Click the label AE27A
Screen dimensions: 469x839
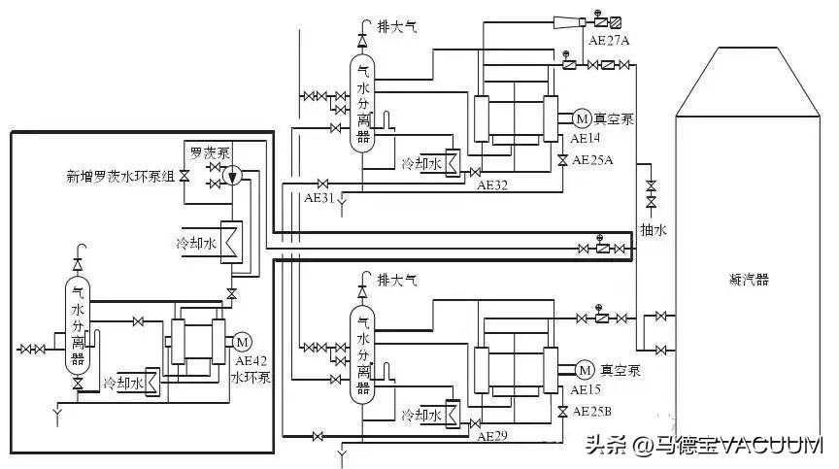click(x=609, y=41)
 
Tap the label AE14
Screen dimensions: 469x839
click(x=587, y=139)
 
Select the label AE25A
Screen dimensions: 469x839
click(x=592, y=159)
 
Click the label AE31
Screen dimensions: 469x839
click(x=319, y=197)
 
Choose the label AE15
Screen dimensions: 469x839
click(x=587, y=389)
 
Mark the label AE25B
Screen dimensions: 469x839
click(x=592, y=411)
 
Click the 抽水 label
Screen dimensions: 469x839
click(x=651, y=229)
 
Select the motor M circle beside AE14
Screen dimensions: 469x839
click(x=582, y=118)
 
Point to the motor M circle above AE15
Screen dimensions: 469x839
click(x=585, y=370)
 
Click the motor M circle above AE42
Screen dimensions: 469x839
click(x=242, y=341)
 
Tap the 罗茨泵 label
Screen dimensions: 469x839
click(x=209, y=152)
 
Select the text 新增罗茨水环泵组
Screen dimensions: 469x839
click(x=120, y=177)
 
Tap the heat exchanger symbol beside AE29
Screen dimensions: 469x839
click(x=453, y=414)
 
